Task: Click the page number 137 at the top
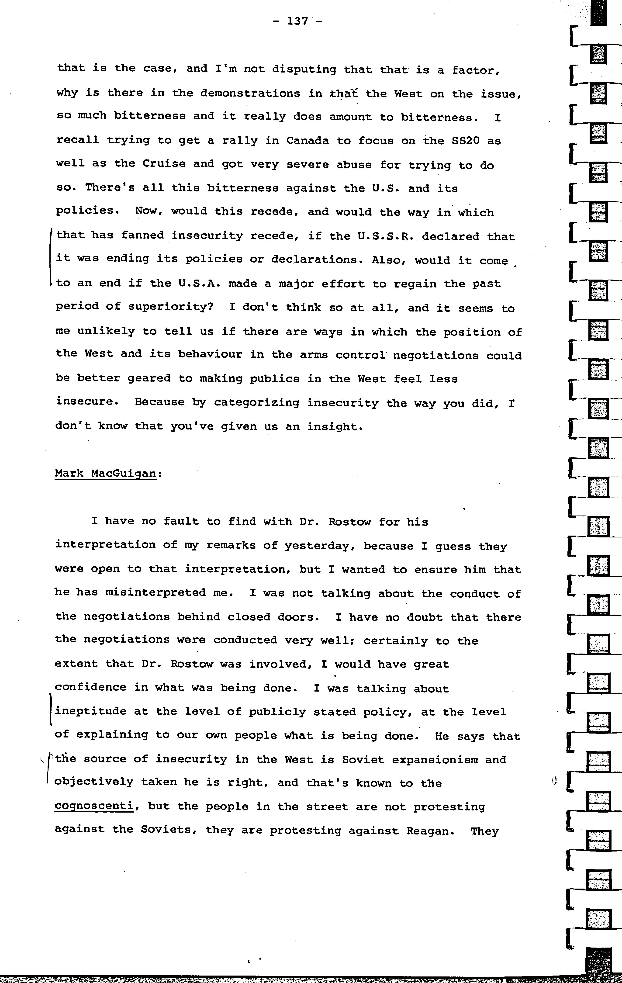click(297, 21)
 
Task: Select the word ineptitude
click(91, 712)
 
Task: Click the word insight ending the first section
click(335, 427)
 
